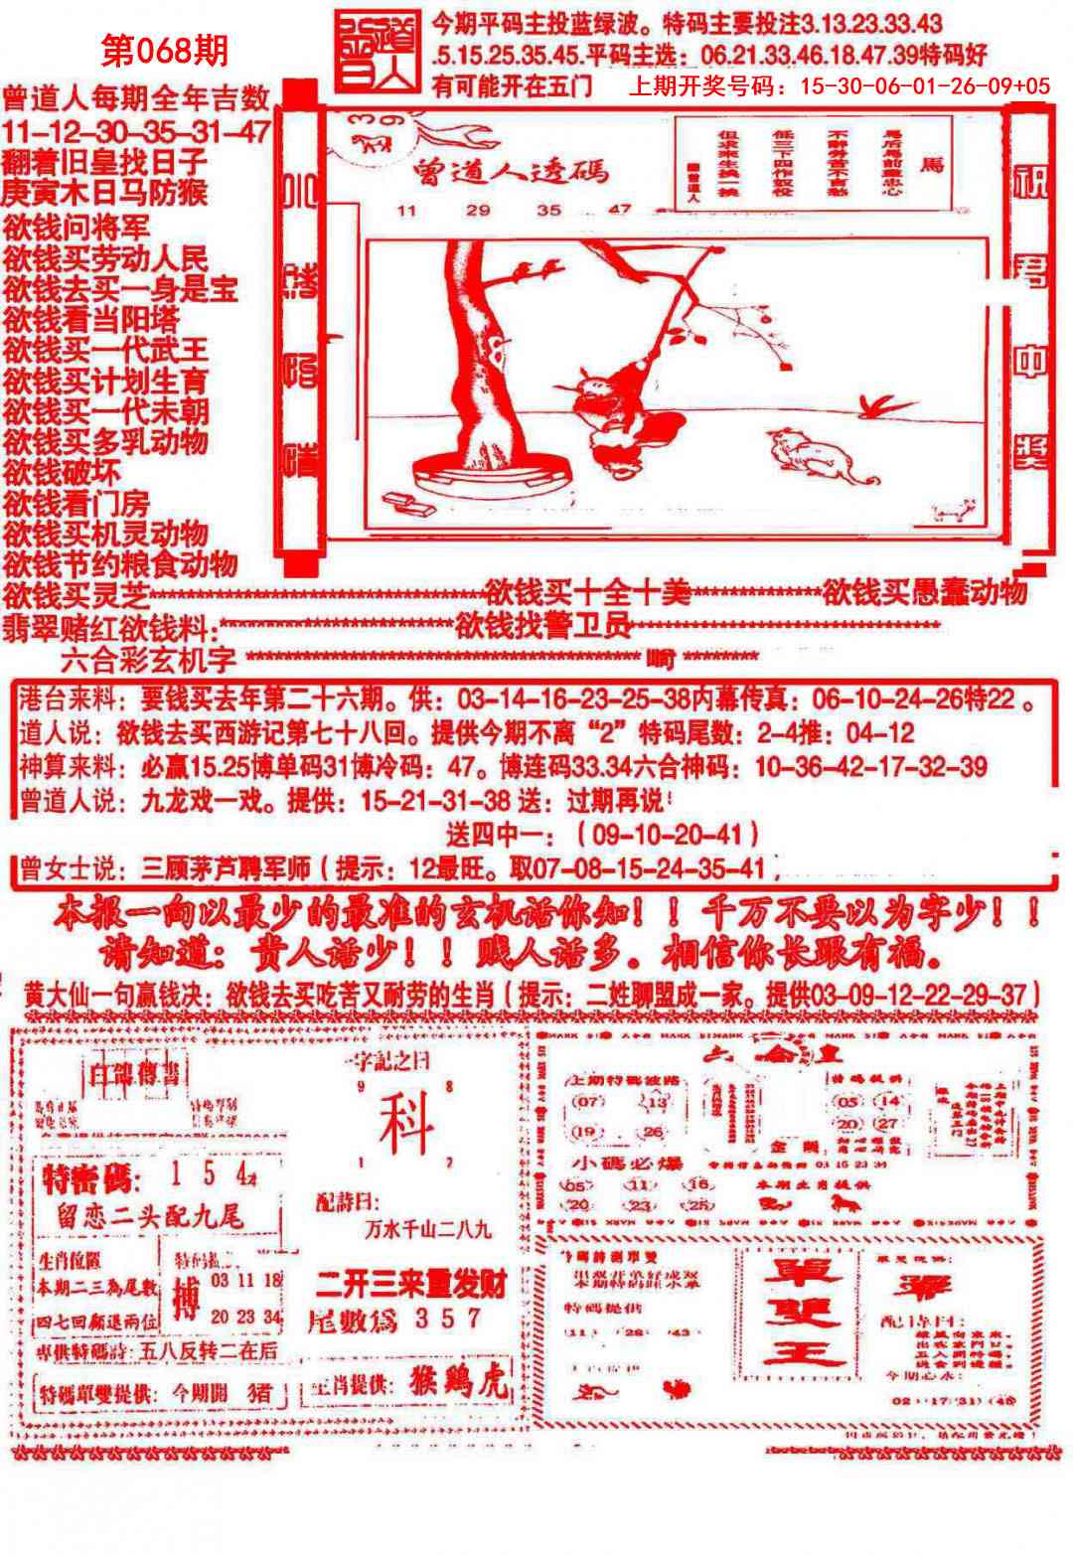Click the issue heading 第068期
coord(165,51)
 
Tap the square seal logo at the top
coord(377,54)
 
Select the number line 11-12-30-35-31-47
coord(136,131)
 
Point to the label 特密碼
coord(86,1181)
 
